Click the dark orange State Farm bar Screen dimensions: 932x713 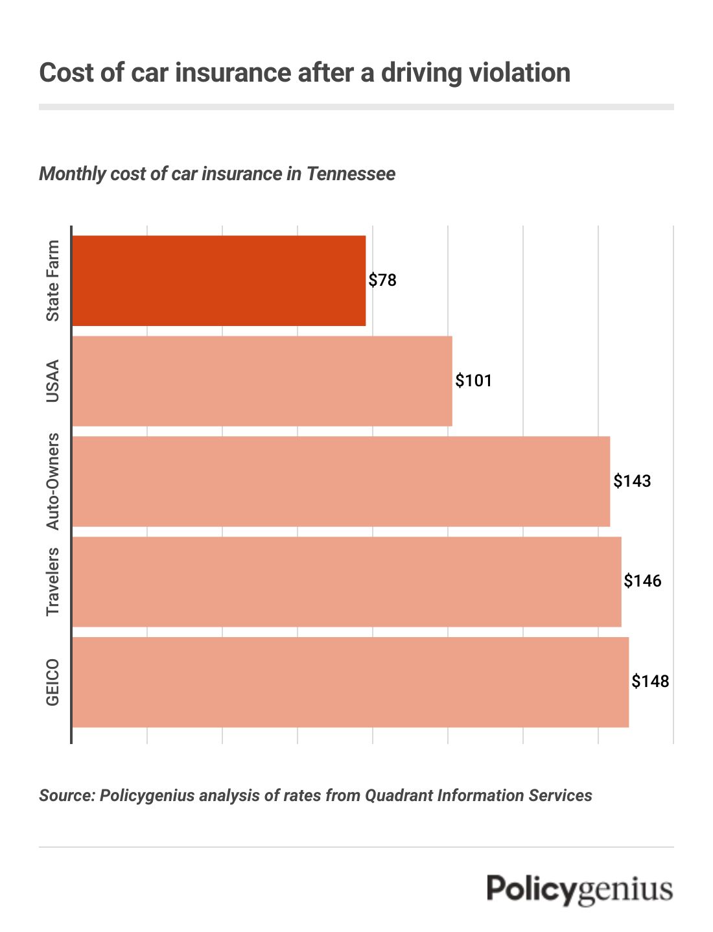pos(219,281)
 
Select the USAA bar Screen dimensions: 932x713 pos(262,381)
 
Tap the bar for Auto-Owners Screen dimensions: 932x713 pos(341,482)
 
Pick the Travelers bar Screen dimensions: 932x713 pos(347,582)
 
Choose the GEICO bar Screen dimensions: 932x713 pos(350,682)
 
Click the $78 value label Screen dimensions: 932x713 pos(382,281)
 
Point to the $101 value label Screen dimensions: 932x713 pos(474,380)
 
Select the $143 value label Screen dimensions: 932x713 pos(632,481)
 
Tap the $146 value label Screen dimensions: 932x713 pos(642,581)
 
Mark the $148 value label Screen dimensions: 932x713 pos(650,681)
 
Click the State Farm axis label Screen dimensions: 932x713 pos(53,281)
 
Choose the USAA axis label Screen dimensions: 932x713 pos(53,381)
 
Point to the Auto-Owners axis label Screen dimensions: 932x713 pos(53,482)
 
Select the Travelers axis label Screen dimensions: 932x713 pos(53,582)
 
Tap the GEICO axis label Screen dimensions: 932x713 pos(53,682)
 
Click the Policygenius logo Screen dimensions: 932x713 pos(579,889)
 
